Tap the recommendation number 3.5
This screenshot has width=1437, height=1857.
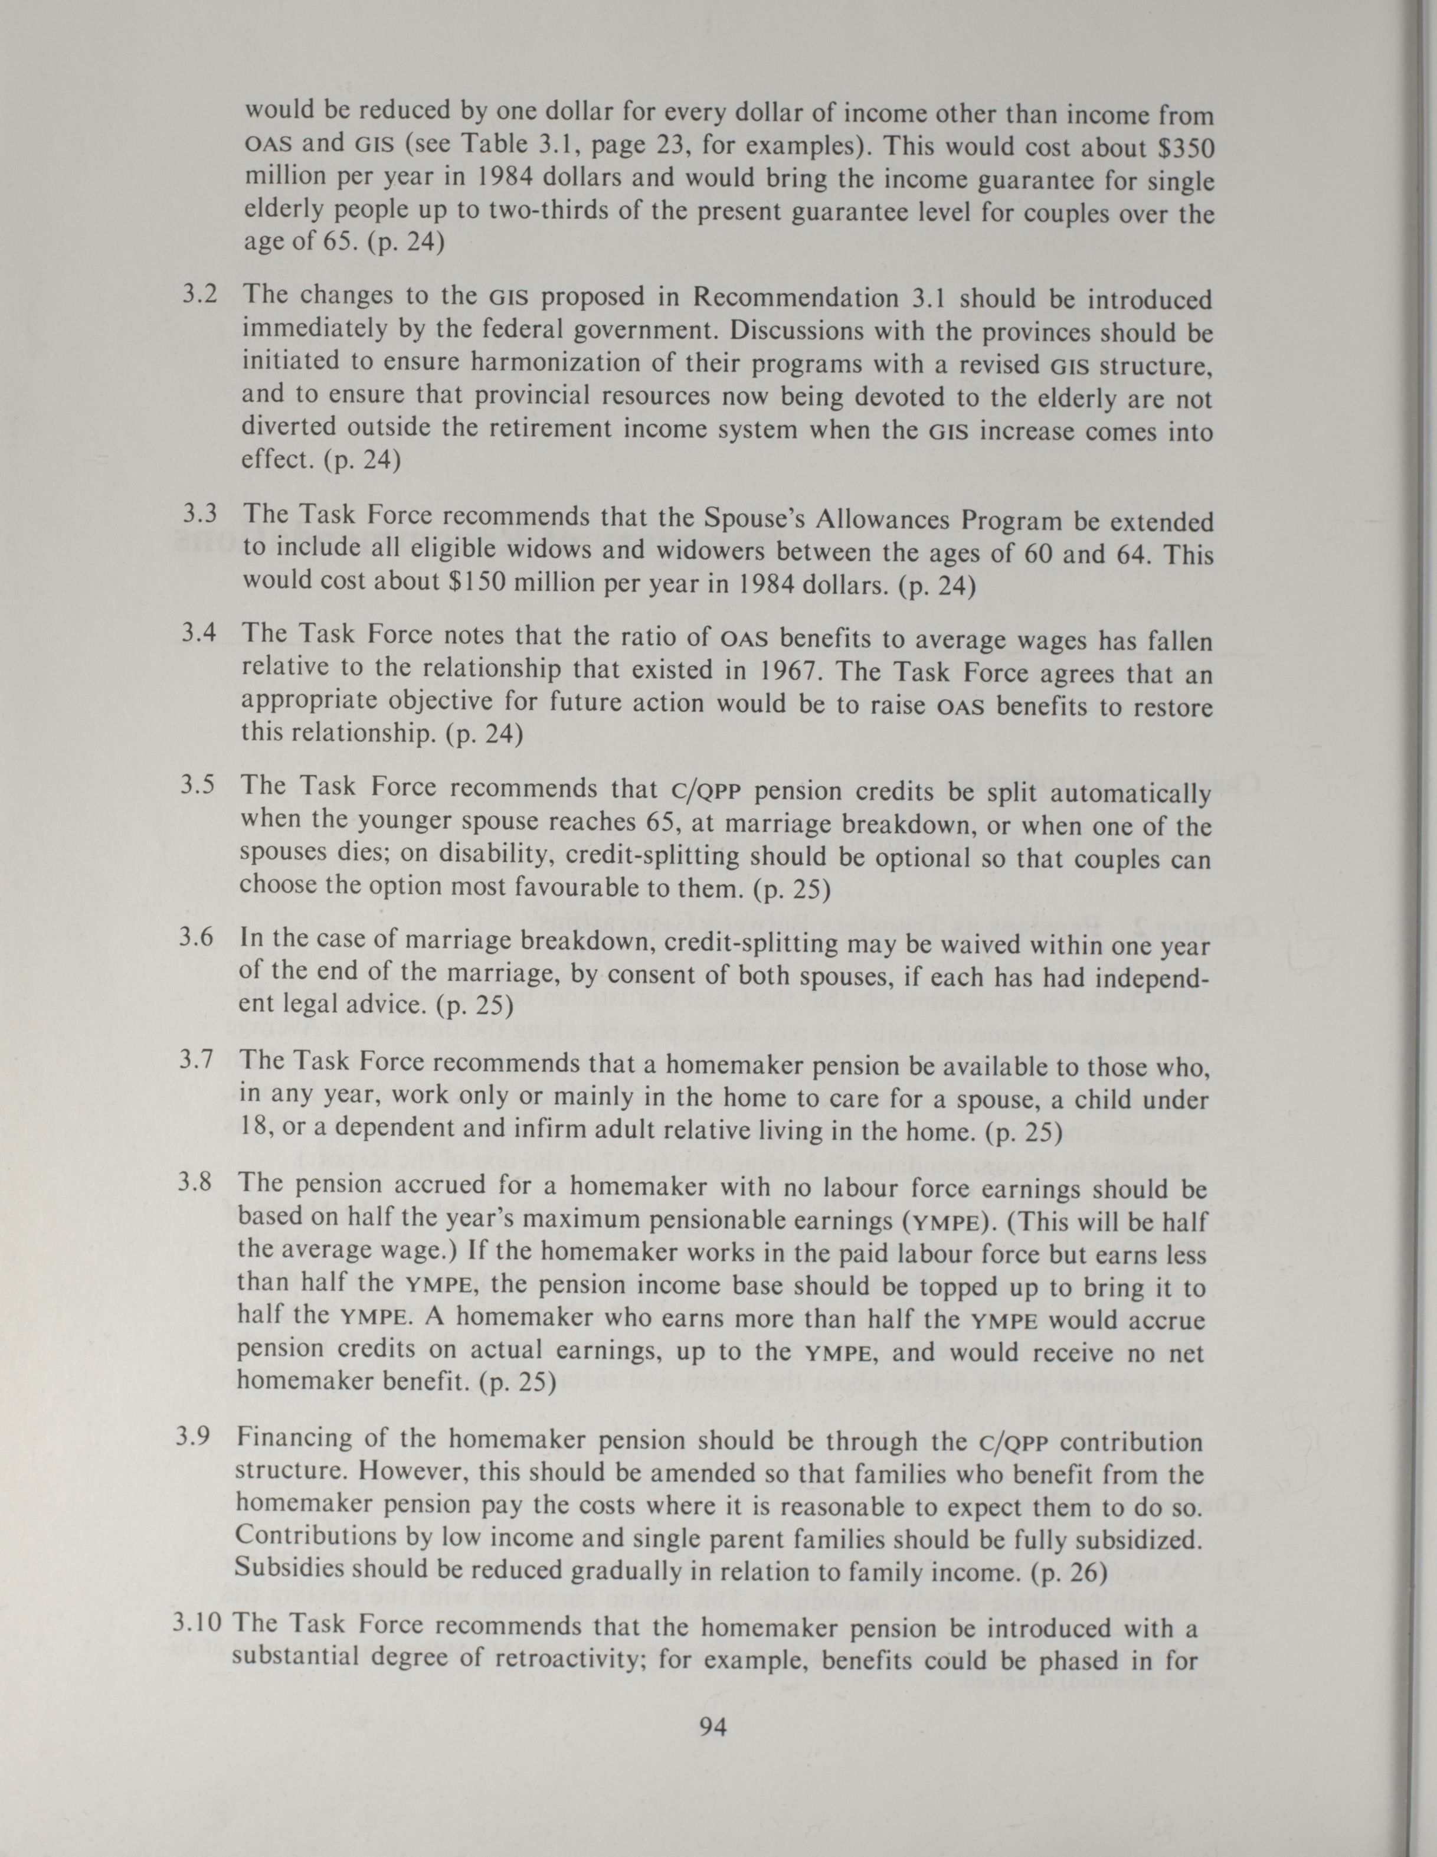tap(198, 785)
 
